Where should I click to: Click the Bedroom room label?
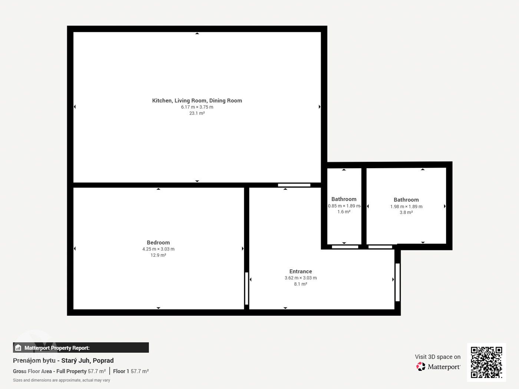pyautogui.click(x=158, y=243)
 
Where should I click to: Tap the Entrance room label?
pyautogui.click(x=301, y=272)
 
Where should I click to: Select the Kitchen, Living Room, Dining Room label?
pyautogui.click(x=197, y=101)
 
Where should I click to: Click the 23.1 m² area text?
pyautogui.click(x=197, y=113)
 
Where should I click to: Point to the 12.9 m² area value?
pyautogui.click(x=158, y=255)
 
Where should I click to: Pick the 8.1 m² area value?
pyautogui.click(x=301, y=284)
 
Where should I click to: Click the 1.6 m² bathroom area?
pyautogui.click(x=344, y=212)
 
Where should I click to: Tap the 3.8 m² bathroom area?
pyautogui.click(x=406, y=212)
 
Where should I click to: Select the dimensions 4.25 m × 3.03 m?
pyautogui.click(x=158, y=249)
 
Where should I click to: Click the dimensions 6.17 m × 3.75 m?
pyautogui.click(x=197, y=107)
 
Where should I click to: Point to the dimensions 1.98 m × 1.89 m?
pyautogui.click(x=406, y=206)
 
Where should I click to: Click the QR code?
pyautogui.click(x=486, y=362)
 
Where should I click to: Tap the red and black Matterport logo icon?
pyautogui.click(x=421, y=366)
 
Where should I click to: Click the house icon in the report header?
pyautogui.click(x=18, y=348)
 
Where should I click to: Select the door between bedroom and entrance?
pyautogui.click(x=247, y=288)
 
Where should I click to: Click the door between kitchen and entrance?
pyautogui.click(x=294, y=185)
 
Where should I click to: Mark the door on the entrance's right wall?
pyautogui.click(x=397, y=282)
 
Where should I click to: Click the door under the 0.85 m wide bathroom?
pyautogui.click(x=345, y=247)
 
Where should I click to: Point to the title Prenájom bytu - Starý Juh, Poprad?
pyautogui.click(x=63, y=360)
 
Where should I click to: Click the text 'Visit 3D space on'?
pyautogui.click(x=438, y=357)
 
